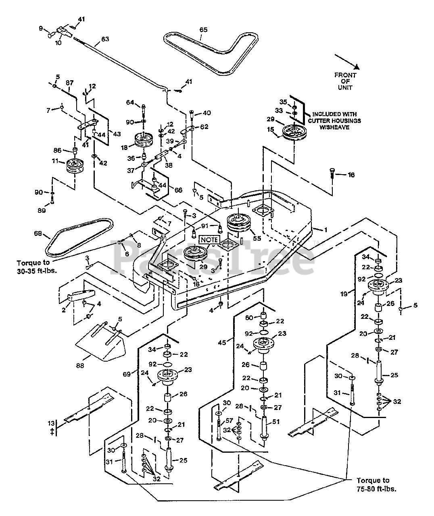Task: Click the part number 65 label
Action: click(x=203, y=30)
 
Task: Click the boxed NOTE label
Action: click(x=208, y=239)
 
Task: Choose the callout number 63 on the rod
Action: click(x=105, y=39)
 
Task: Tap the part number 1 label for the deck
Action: click(x=325, y=230)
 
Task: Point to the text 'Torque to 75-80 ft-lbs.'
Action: click(x=373, y=484)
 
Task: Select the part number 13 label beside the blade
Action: click(x=51, y=423)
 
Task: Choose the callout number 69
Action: click(x=127, y=374)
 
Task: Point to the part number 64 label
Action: click(x=130, y=102)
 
